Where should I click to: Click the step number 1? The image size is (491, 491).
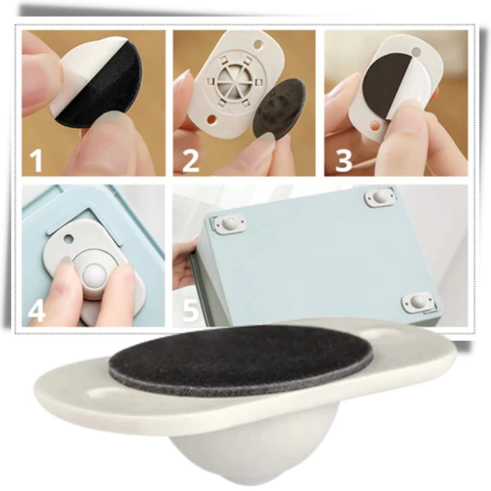36,160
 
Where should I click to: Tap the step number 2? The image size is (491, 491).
190,160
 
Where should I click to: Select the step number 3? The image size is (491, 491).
343,160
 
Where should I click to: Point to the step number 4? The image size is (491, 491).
37,310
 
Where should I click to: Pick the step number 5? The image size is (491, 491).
191,310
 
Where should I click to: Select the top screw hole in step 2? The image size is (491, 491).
259,44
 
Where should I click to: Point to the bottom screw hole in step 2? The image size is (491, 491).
212,119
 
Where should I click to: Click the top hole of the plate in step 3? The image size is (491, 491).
416,51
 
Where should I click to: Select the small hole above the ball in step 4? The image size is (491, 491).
68,239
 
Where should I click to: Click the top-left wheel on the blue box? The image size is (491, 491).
229,223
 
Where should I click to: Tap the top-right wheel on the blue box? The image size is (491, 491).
380,197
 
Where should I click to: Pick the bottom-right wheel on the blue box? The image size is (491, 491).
418,302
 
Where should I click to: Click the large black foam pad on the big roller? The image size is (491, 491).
242,360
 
